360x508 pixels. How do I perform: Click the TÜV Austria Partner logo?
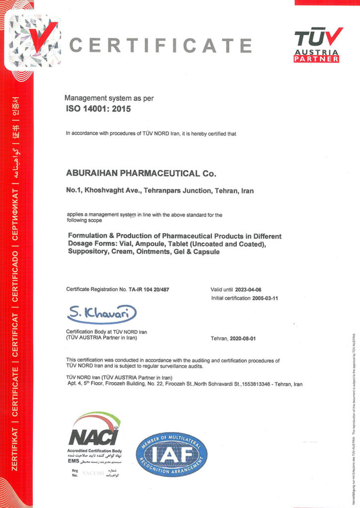[x=318, y=45]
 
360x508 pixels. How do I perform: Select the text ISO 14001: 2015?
[x=98, y=109]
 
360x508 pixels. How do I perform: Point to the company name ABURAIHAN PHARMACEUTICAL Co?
[x=142, y=174]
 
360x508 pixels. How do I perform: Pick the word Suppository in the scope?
[x=86, y=252]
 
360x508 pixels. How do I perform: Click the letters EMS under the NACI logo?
[x=73, y=461]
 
